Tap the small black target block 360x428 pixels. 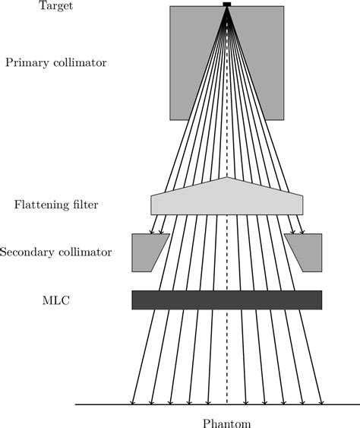click(x=226, y=5)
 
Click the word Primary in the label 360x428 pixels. click(x=27, y=63)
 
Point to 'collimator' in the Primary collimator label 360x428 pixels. click(x=80, y=62)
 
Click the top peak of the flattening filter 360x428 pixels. click(x=226, y=179)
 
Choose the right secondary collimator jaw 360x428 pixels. click(x=306, y=252)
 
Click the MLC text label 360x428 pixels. click(x=56, y=300)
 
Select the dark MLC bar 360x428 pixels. click(x=226, y=300)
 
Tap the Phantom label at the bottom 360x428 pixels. click(x=226, y=423)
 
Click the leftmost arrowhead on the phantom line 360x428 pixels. click(x=134, y=401)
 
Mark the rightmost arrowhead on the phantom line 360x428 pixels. click(x=323, y=401)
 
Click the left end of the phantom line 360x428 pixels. click(x=77, y=404)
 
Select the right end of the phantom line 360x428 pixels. click(x=357, y=404)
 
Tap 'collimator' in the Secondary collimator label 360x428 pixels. click(x=85, y=252)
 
